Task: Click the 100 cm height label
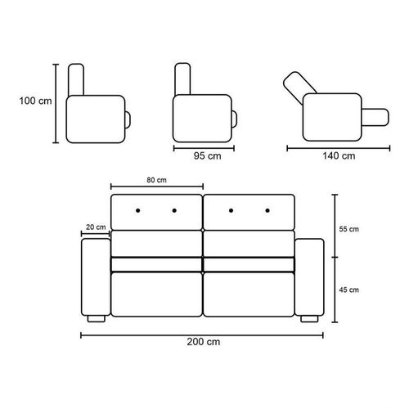point(35,101)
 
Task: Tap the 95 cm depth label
point(208,156)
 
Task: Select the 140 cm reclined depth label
point(339,156)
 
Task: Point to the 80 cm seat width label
point(156,180)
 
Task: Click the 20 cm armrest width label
point(96,227)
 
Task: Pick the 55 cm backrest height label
point(349,229)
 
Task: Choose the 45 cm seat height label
point(349,290)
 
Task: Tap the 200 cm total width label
point(204,342)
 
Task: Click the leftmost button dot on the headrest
point(138,210)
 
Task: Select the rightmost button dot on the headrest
point(267,210)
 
